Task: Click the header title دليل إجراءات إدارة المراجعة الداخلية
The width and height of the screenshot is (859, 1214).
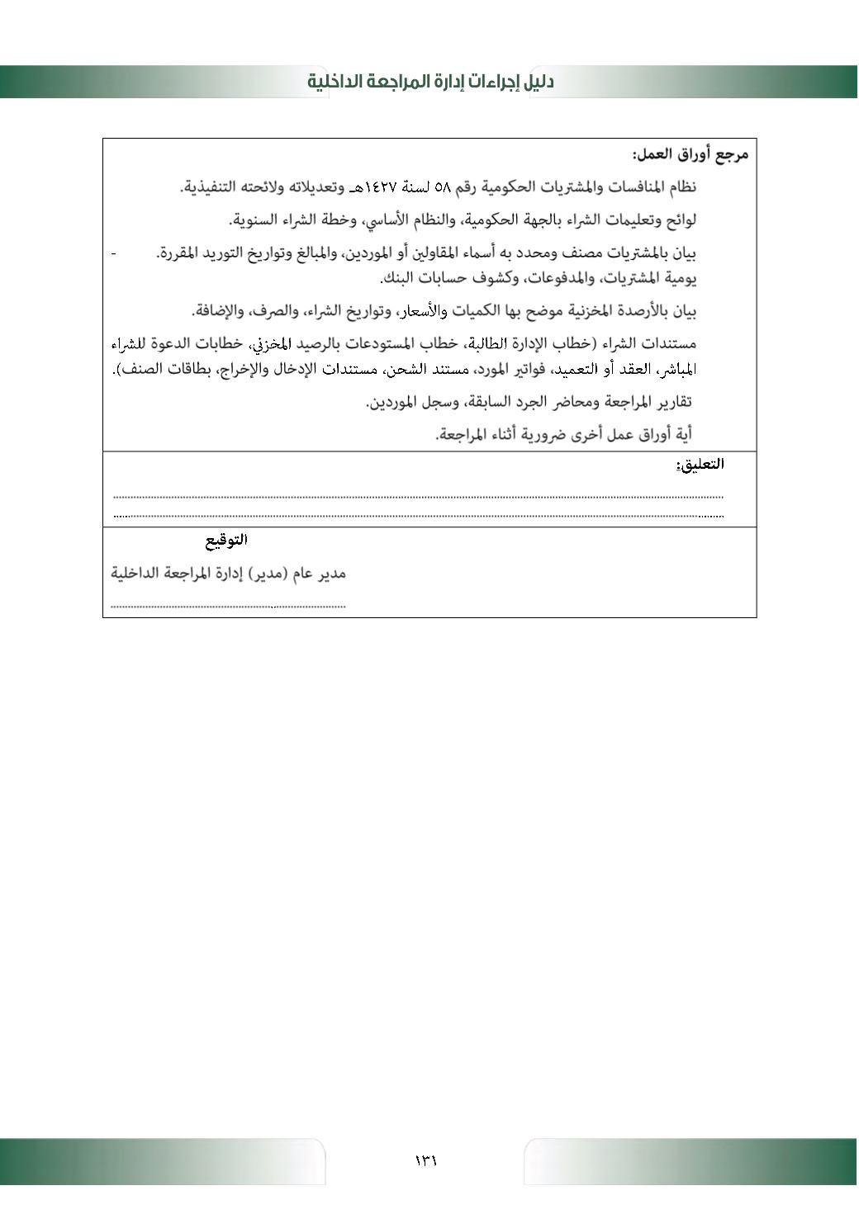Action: (430, 82)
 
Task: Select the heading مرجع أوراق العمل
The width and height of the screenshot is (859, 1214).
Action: (690, 154)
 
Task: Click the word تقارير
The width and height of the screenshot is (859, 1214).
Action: (672, 402)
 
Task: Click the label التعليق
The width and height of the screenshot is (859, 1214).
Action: (700, 464)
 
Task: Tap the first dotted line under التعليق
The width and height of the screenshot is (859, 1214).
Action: (418, 497)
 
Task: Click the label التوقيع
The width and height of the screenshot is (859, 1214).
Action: (226, 541)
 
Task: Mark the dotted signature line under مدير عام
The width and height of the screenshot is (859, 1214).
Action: (228, 607)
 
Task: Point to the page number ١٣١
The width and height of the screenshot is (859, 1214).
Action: (426, 1160)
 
